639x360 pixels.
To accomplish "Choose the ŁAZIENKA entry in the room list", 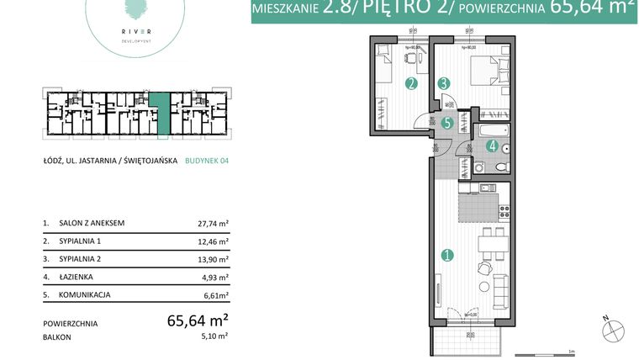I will point(77,277).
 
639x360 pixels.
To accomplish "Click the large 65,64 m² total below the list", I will point(198,320).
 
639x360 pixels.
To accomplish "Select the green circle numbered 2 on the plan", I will point(410,83).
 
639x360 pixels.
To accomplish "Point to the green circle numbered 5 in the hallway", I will point(448,123).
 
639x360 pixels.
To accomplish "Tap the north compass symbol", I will point(613,331).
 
